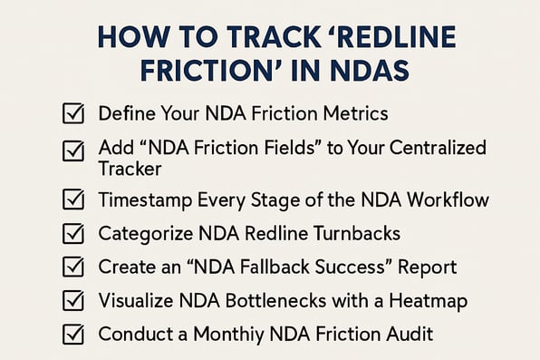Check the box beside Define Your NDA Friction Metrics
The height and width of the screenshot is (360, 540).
pyautogui.click(x=72, y=114)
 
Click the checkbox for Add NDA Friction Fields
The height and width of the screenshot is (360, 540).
pyautogui.click(x=72, y=150)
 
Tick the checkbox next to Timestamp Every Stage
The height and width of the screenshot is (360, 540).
pyautogui.click(x=72, y=200)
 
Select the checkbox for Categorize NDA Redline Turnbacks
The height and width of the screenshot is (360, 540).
pyautogui.click(x=72, y=234)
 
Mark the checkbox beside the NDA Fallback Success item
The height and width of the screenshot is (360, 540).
pyautogui.click(x=72, y=268)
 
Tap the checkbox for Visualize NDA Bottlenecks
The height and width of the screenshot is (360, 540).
pyautogui.click(x=72, y=300)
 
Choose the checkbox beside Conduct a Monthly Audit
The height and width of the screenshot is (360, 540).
pyautogui.click(x=72, y=334)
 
